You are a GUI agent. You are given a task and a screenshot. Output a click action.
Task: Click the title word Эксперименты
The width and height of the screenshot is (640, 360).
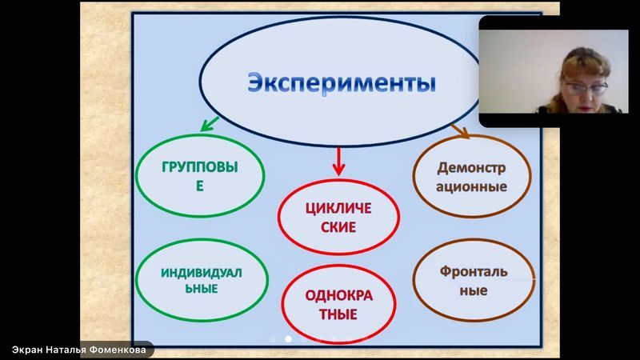click(342, 83)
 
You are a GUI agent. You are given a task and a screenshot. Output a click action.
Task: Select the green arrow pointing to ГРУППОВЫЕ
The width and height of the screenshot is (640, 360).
click(210, 124)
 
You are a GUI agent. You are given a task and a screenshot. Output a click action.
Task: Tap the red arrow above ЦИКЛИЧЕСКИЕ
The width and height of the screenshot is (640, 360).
click(338, 162)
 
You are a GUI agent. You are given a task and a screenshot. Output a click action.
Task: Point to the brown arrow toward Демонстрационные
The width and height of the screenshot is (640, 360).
click(460, 130)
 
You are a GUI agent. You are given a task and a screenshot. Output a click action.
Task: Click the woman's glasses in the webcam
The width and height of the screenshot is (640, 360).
click(586, 88)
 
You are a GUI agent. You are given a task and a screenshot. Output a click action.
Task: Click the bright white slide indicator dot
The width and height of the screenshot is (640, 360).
click(288, 338)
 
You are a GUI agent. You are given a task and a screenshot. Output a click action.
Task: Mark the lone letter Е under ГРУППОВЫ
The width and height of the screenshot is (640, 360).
click(199, 186)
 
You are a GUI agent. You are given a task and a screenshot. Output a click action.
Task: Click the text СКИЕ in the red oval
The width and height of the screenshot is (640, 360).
click(338, 227)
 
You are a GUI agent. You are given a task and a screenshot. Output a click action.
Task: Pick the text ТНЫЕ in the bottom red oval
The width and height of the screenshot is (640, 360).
click(338, 314)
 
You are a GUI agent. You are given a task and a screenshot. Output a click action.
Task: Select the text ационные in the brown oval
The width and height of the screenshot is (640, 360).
click(471, 186)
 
